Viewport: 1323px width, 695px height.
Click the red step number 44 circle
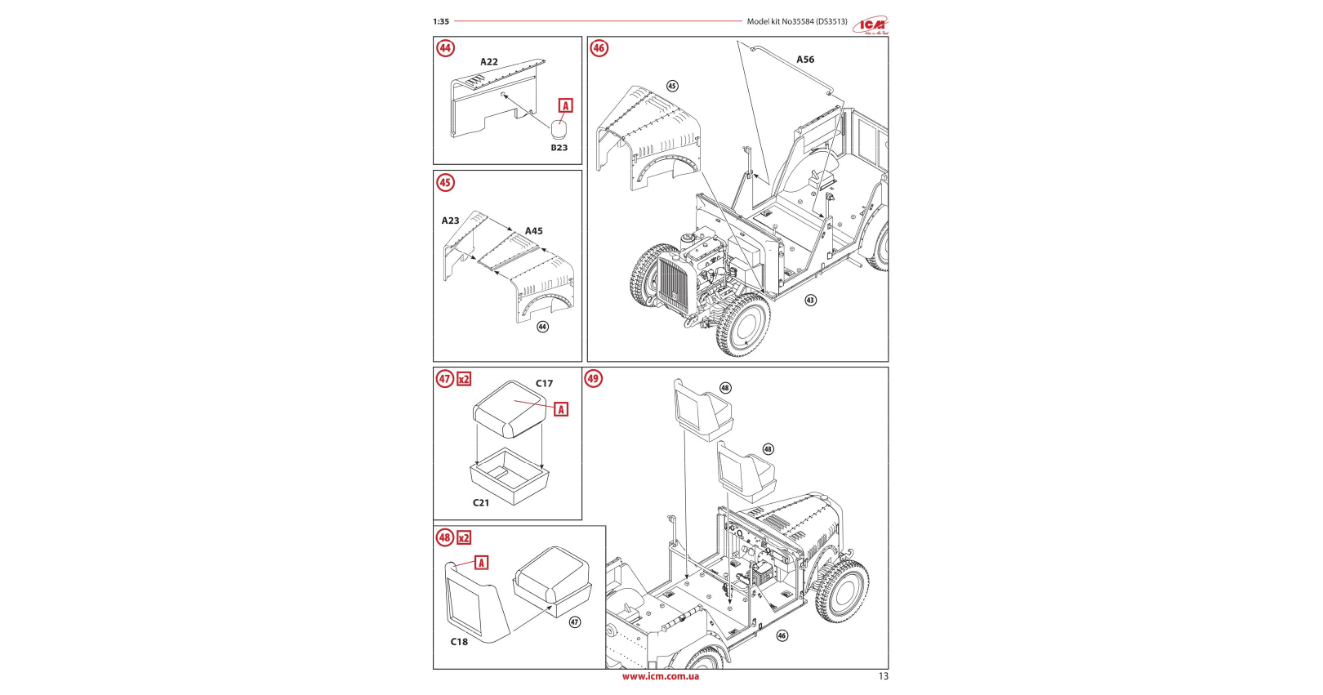[445, 48]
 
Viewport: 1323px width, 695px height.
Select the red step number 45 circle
[445, 182]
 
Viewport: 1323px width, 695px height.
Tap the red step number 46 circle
[599, 48]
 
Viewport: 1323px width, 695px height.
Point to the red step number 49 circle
[594, 378]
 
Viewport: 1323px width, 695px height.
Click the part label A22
[489, 62]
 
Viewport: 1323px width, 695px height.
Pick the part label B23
[559, 148]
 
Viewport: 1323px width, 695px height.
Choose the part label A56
[805, 60]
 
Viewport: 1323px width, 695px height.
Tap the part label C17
[544, 383]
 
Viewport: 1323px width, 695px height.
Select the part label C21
[481, 503]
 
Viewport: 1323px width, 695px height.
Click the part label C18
[460, 642]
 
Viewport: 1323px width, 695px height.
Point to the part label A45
[533, 231]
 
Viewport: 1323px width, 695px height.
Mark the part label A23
[451, 221]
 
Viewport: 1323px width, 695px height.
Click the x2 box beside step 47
[464, 379]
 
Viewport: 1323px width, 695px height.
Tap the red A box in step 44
[565, 106]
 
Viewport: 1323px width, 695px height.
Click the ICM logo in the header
[871, 25]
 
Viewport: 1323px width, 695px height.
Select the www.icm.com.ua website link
[660, 676]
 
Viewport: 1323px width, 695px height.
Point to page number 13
[883, 676]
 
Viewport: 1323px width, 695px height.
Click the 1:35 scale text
[441, 22]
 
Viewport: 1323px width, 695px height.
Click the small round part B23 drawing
[559, 129]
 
